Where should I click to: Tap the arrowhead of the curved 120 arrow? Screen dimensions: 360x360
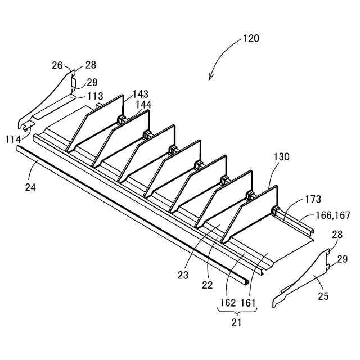211,79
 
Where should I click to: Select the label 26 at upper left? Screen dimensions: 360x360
57,65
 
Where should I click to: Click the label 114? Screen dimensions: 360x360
13,139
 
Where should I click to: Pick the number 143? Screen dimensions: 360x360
141,94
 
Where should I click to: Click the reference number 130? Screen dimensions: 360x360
282,157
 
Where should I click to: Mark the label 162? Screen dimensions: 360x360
227,303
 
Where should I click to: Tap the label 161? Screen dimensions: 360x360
247,303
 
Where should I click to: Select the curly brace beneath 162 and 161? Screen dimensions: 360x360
237,313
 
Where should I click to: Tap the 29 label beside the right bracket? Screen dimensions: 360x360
343,259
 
